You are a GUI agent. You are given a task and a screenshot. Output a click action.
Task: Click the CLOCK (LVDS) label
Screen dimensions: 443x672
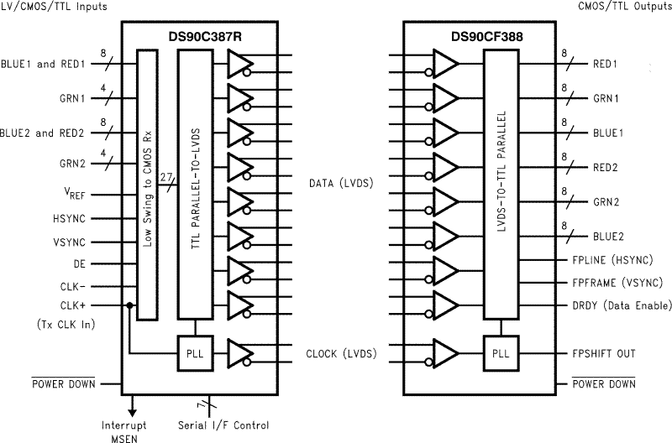tap(341, 354)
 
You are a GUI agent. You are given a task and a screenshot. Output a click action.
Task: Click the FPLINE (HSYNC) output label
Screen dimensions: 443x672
tap(610, 260)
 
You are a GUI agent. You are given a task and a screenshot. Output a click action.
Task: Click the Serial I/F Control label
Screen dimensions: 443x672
tap(222, 425)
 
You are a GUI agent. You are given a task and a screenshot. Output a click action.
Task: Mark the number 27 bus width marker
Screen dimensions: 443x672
tap(167, 178)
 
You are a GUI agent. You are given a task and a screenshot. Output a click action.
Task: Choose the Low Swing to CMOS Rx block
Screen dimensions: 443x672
tap(148, 184)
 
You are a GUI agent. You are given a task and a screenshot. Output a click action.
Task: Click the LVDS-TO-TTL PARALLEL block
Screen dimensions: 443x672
tap(500, 184)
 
